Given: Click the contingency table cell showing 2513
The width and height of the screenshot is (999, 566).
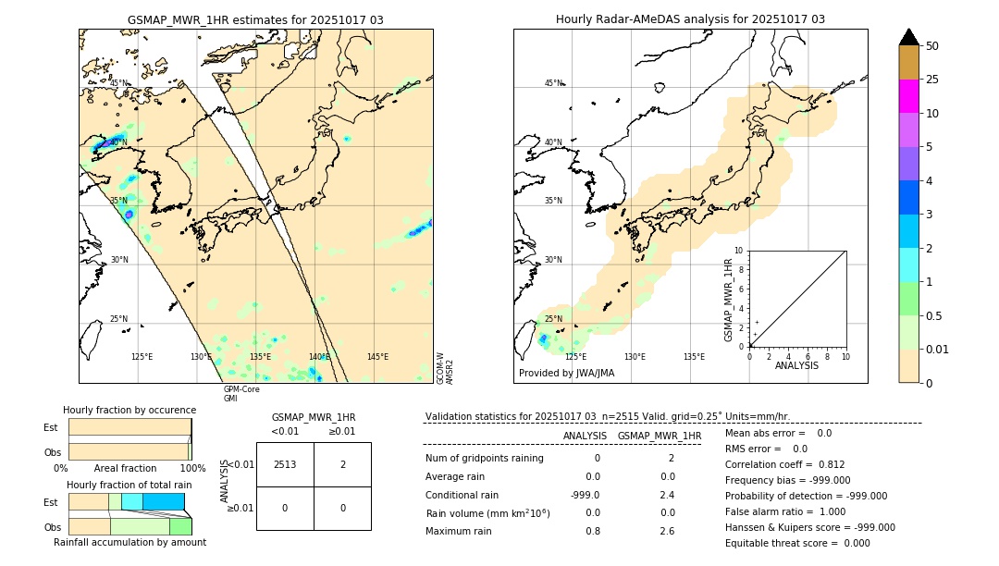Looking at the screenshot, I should [x=285, y=464].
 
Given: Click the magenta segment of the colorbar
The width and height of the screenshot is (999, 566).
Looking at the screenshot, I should [x=909, y=96].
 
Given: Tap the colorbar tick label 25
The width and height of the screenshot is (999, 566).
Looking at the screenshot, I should [x=932, y=80].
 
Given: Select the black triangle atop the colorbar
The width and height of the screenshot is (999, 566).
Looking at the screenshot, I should [x=909, y=37].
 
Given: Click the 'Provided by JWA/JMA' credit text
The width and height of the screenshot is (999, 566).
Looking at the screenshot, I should [x=566, y=374].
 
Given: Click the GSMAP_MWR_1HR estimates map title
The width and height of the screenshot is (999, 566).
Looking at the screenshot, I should [x=255, y=19].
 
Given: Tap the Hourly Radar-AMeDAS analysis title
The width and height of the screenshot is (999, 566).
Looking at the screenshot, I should [x=690, y=19].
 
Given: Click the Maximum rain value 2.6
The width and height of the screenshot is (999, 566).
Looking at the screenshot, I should [x=666, y=531].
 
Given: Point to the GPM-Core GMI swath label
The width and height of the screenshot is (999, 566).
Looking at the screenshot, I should [x=241, y=394].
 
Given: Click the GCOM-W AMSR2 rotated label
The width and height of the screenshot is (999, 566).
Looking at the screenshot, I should [x=445, y=367].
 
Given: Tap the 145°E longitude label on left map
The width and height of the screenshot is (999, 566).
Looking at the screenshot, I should [x=377, y=357].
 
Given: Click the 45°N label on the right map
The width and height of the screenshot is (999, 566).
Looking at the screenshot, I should [x=553, y=83].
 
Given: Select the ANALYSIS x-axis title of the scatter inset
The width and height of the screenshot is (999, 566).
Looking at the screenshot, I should [x=797, y=365].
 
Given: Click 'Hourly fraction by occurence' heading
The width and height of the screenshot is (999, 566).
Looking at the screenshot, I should [x=129, y=410].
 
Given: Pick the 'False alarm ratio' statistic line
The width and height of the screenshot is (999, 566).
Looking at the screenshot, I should [x=797, y=511].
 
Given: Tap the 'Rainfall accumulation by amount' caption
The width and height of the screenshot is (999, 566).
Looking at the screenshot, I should [x=129, y=542].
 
